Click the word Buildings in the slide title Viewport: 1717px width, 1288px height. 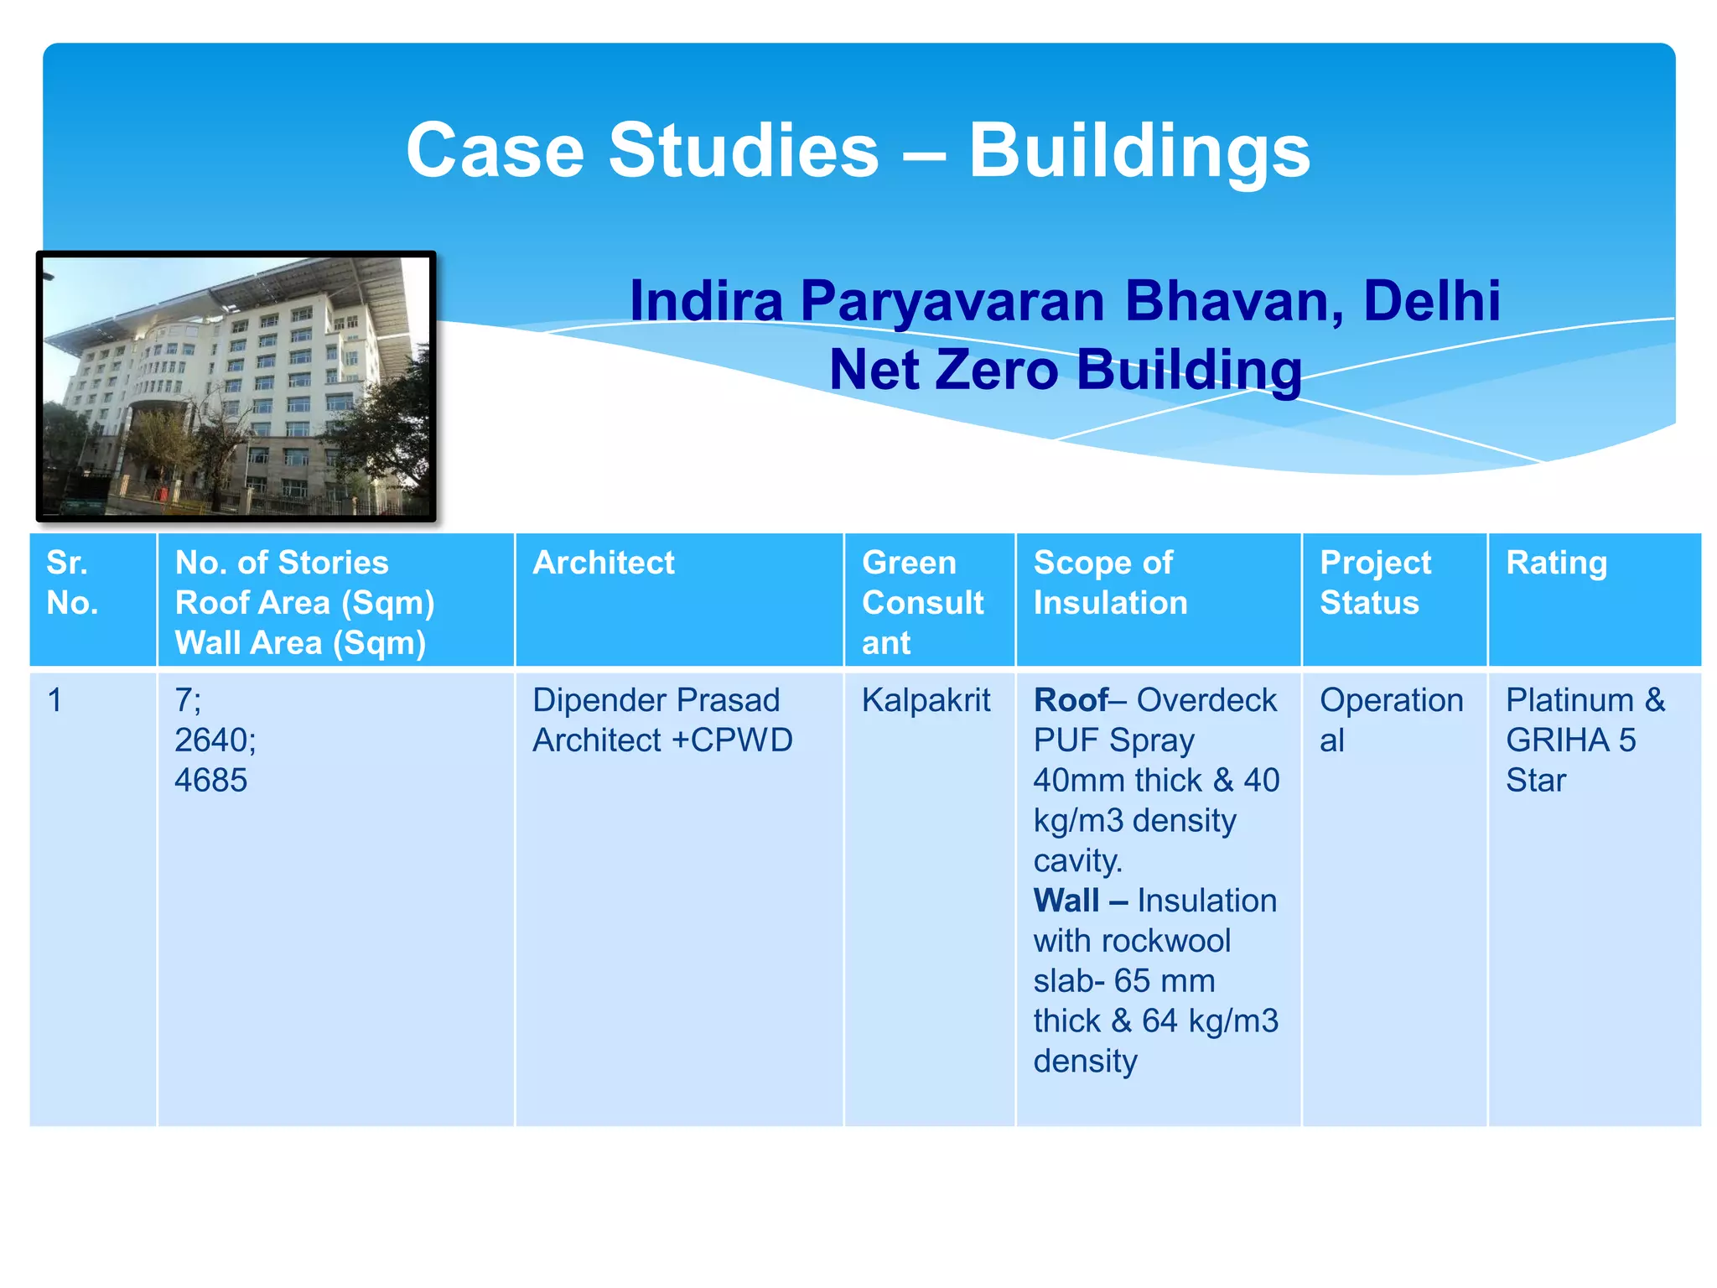pyautogui.click(x=1139, y=151)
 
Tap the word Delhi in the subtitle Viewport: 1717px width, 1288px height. pyautogui.click(x=1431, y=300)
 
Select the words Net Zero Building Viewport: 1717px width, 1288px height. pyautogui.click(x=1065, y=370)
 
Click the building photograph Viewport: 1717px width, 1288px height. pyautogui.click(x=236, y=386)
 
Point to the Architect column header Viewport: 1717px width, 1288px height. pyautogui.click(x=603, y=563)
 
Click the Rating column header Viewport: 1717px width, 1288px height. pyautogui.click(x=1556, y=563)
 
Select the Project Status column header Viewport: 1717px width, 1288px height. pyautogui.click(x=1375, y=583)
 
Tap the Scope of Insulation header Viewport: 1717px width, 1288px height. pyautogui.click(x=1109, y=583)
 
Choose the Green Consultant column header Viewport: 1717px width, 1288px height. pyautogui.click(x=922, y=602)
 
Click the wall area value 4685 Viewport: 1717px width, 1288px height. pyautogui.click(x=210, y=781)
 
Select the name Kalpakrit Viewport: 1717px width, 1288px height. pyautogui.click(x=926, y=700)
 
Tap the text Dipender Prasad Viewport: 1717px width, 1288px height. pyautogui.click(x=656, y=700)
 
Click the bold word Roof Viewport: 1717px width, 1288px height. pyautogui.click(x=1070, y=700)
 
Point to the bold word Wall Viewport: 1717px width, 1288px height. pyautogui.click(x=1066, y=901)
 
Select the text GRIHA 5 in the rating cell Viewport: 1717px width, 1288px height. pyautogui.click(x=1569, y=740)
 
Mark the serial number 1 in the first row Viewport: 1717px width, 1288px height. pyautogui.click(x=55, y=700)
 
